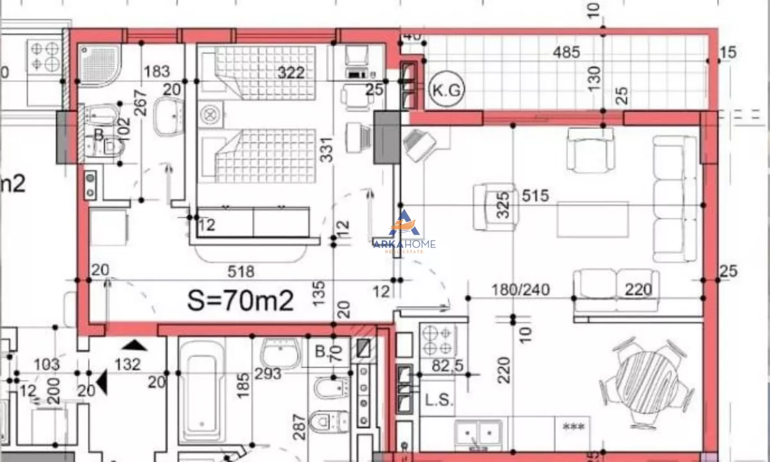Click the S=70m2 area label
(241, 298)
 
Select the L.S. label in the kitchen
(439, 400)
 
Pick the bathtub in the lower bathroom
(201, 388)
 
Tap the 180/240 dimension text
(520, 290)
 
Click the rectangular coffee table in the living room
(592, 219)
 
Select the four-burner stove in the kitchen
(438, 340)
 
